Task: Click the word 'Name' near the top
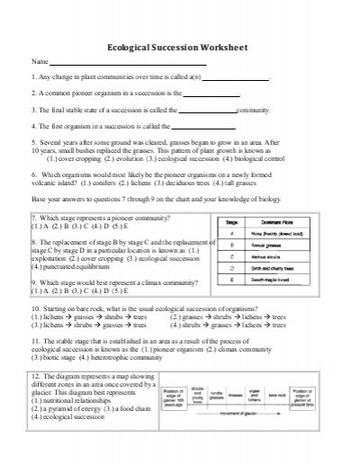[40, 61]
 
